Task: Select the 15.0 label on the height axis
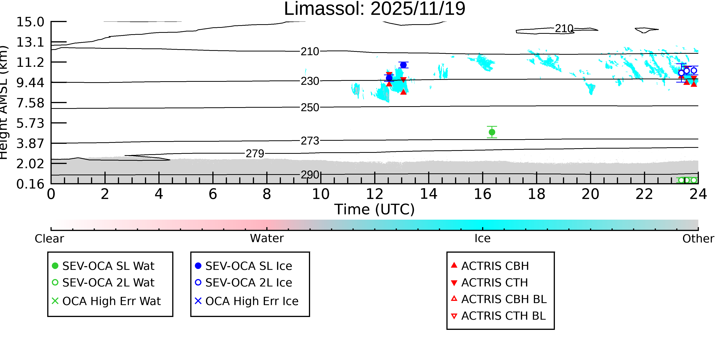[x=30, y=22]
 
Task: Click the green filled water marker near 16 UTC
[x=492, y=132]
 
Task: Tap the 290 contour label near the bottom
[x=310, y=175]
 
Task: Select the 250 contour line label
[x=310, y=108]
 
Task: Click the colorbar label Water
[x=267, y=238]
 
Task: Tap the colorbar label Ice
[x=482, y=238]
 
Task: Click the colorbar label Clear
[x=49, y=239]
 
